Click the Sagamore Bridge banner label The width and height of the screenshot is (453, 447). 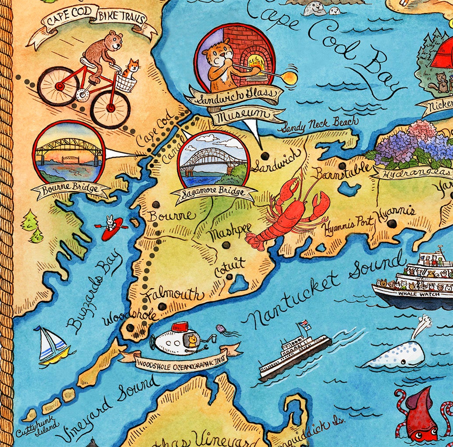tap(215, 194)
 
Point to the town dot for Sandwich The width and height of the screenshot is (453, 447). tap(264, 156)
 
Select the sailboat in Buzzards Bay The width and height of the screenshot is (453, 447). tap(52, 347)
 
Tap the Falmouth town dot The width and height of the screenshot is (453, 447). tap(163, 306)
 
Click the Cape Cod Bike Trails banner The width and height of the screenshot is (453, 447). tap(92, 22)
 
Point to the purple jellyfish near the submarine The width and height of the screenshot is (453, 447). tap(222, 330)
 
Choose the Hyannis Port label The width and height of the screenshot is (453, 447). tap(348, 224)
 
